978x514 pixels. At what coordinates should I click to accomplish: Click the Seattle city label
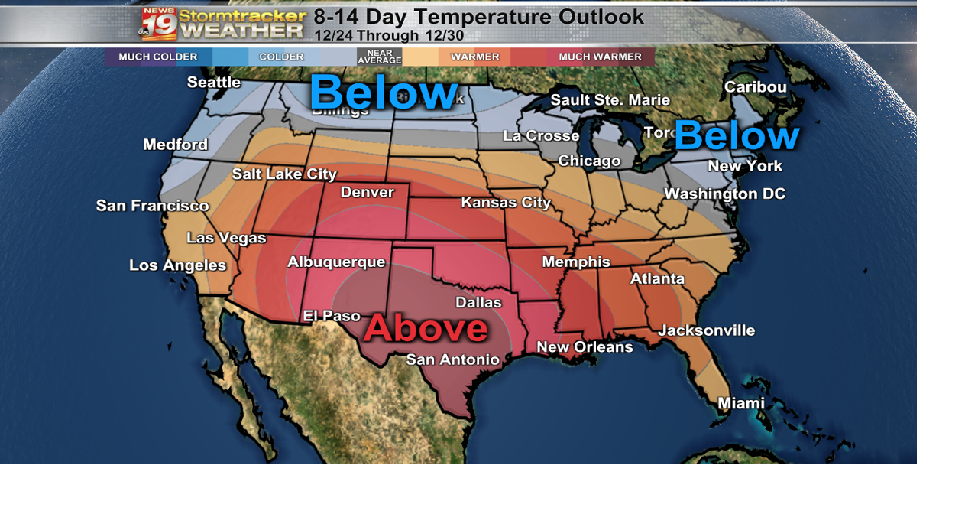tap(214, 83)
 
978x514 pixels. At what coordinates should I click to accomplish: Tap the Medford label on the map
tap(175, 145)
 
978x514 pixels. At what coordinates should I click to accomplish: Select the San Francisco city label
tap(152, 206)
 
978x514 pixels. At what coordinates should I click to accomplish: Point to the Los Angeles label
tap(177, 265)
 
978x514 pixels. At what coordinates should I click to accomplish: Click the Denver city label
tap(368, 192)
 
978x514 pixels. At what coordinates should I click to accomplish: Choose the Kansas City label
tap(506, 203)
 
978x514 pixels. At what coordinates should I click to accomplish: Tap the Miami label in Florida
tap(740, 403)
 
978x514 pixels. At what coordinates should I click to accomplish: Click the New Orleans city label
tap(585, 347)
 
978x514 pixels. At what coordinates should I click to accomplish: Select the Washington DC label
tap(724, 194)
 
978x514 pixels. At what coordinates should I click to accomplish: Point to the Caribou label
tap(755, 87)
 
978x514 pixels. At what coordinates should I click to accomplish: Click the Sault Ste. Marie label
tap(610, 100)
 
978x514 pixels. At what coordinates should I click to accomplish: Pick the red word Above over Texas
tap(426, 328)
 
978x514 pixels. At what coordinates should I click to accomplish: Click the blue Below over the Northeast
tap(737, 135)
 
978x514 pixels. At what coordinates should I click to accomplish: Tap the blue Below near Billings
tap(384, 93)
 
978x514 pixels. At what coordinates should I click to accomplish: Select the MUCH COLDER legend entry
tap(157, 57)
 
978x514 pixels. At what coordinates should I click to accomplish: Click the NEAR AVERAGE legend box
tap(379, 57)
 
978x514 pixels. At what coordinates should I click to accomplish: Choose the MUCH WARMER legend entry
tap(600, 57)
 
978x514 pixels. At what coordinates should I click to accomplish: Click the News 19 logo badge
tap(159, 24)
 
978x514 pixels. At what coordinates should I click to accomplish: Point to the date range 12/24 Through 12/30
tap(389, 35)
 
